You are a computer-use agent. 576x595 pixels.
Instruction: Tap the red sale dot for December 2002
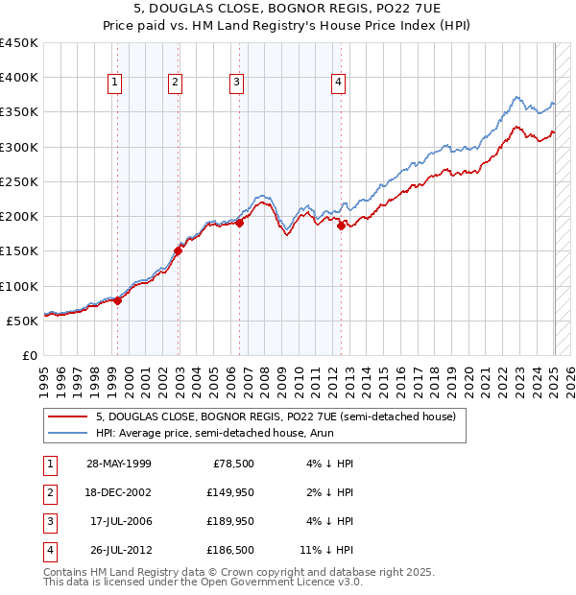click(x=178, y=251)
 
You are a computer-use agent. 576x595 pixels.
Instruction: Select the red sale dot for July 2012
click(x=341, y=226)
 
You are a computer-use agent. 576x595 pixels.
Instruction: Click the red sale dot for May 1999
click(x=118, y=300)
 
